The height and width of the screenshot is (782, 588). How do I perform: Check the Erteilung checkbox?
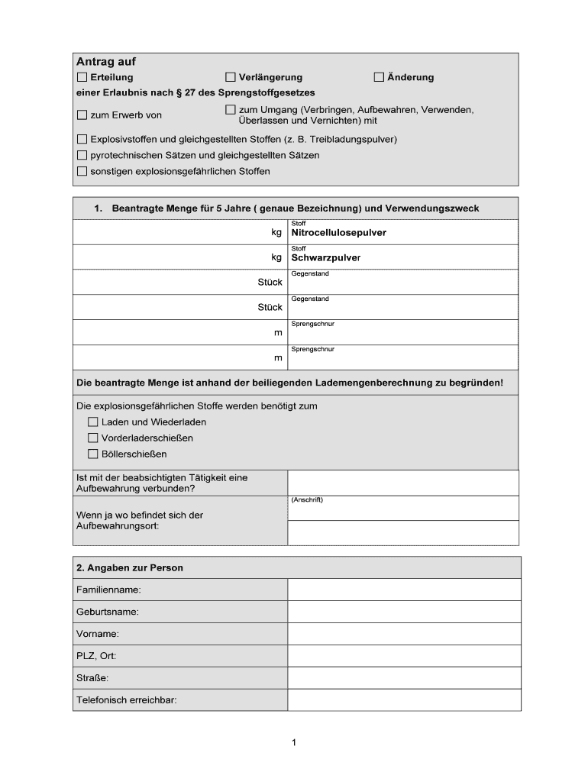click(82, 77)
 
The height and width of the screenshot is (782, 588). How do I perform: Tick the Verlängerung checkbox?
click(231, 77)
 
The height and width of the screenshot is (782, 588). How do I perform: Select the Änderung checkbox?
click(379, 77)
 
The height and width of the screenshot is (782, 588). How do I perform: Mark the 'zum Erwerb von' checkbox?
click(82, 115)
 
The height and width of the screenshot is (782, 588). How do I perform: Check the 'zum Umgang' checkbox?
click(231, 110)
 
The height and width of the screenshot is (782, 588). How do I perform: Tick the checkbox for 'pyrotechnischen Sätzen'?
click(82, 155)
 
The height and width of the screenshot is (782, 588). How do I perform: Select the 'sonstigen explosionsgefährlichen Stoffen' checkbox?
click(82, 171)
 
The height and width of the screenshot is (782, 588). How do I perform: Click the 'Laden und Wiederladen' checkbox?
click(93, 422)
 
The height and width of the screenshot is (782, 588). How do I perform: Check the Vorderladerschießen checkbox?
click(93, 438)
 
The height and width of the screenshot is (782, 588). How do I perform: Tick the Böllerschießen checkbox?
click(93, 454)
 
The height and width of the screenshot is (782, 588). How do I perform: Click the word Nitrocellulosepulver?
click(338, 232)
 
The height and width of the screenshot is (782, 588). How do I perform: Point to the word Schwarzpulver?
click(325, 257)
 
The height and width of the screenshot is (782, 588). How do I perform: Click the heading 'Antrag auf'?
click(105, 61)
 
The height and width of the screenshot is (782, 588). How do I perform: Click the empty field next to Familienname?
click(404, 590)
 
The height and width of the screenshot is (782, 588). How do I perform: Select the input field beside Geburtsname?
click(404, 612)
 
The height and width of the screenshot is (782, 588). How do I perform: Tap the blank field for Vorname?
click(404, 634)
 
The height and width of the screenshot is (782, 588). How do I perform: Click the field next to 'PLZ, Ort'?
click(404, 656)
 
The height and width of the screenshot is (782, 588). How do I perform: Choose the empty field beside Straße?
click(404, 678)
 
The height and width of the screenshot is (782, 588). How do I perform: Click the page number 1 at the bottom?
click(294, 742)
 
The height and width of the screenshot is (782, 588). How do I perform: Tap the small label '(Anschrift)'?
click(307, 500)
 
